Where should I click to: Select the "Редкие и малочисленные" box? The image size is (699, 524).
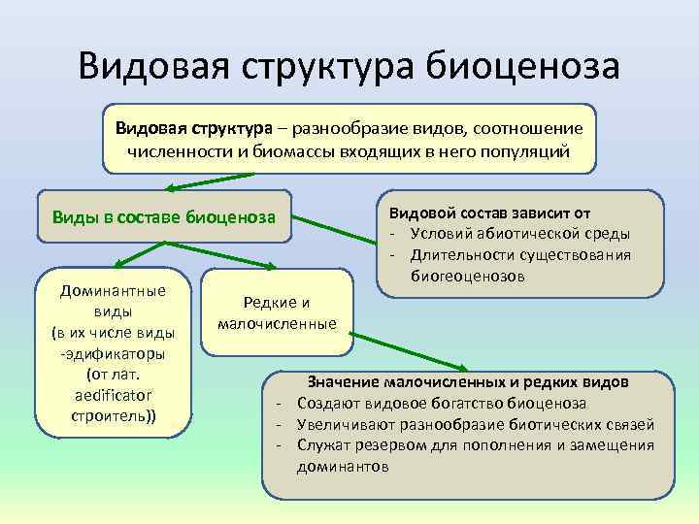[277, 312]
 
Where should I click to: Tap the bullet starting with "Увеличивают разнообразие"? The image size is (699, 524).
[476, 424]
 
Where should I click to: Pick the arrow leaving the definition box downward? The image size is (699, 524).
[209, 180]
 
